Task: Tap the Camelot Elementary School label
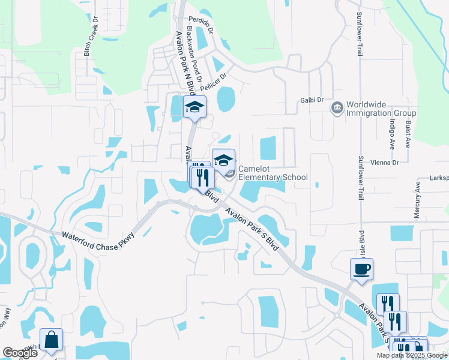(273, 173)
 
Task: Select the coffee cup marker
(362, 269)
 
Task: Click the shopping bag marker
(51, 340)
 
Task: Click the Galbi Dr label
(312, 100)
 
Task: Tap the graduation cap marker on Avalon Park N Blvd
(194, 107)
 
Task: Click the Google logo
(20, 353)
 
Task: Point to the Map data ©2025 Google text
(412, 355)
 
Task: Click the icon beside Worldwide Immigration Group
(336, 107)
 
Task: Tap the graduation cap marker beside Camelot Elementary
(223, 160)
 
